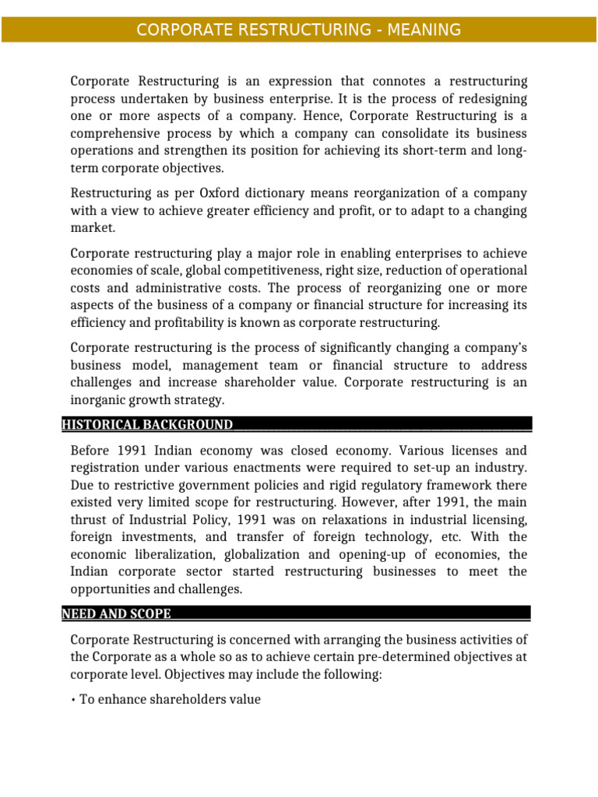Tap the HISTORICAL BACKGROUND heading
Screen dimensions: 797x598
click(147, 424)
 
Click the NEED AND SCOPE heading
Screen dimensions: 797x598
click(116, 613)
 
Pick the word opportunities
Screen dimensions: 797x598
click(111, 588)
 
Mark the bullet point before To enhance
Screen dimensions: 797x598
click(73, 700)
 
